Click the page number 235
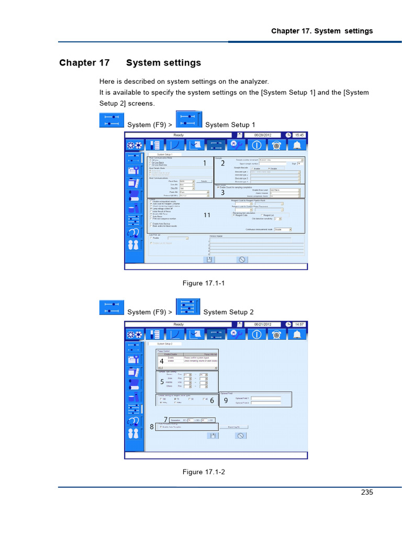tap(366, 492)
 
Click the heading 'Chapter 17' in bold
tap(84, 63)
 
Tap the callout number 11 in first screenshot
tap(207, 215)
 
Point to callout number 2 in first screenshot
tap(222, 163)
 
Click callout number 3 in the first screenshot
tap(222, 192)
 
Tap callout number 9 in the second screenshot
tap(226, 400)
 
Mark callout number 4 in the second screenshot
tap(162, 361)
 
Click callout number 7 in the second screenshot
tap(165, 419)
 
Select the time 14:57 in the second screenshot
tap(299, 325)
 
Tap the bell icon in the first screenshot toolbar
tap(297, 146)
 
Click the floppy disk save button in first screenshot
tap(209, 259)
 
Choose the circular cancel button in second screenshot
tap(241, 435)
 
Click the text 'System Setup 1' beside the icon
tap(230, 125)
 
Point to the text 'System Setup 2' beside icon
tap(228, 312)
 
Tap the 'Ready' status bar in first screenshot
tap(179, 135)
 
